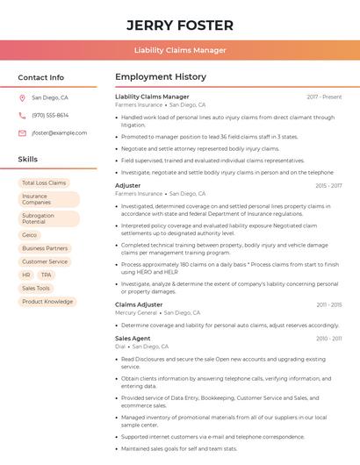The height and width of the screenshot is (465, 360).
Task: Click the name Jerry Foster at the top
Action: click(x=179, y=25)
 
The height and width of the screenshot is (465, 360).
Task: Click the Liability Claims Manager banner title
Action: click(x=179, y=50)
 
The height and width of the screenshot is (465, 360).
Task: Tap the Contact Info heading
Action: click(x=41, y=77)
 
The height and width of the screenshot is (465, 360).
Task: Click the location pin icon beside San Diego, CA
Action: click(x=22, y=98)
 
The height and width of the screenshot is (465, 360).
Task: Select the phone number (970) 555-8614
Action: click(x=50, y=115)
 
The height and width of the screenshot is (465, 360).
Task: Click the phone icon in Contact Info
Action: click(x=22, y=115)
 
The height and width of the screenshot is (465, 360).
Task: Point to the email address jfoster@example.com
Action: click(x=59, y=132)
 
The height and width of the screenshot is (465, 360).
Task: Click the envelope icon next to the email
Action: click(x=22, y=132)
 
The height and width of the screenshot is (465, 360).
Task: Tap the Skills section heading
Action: click(x=28, y=160)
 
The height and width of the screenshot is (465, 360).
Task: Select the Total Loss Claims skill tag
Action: click(x=44, y=183)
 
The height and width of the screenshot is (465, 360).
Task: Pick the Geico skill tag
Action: click(x=30, y=235)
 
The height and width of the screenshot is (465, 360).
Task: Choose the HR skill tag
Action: click(x=26, y=275)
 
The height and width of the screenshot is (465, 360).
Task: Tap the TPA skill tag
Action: click(x=46, y=275)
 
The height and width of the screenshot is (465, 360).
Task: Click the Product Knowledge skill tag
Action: click(x=47, y=302)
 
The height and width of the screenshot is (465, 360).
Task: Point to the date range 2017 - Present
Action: click(x=324, y=97)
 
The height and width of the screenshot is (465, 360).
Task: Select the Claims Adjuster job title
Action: click(x=139, y=304)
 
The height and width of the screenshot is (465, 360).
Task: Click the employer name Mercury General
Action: click(x=136, y=312)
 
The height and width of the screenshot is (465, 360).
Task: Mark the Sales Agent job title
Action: click(x=133, y=338)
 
